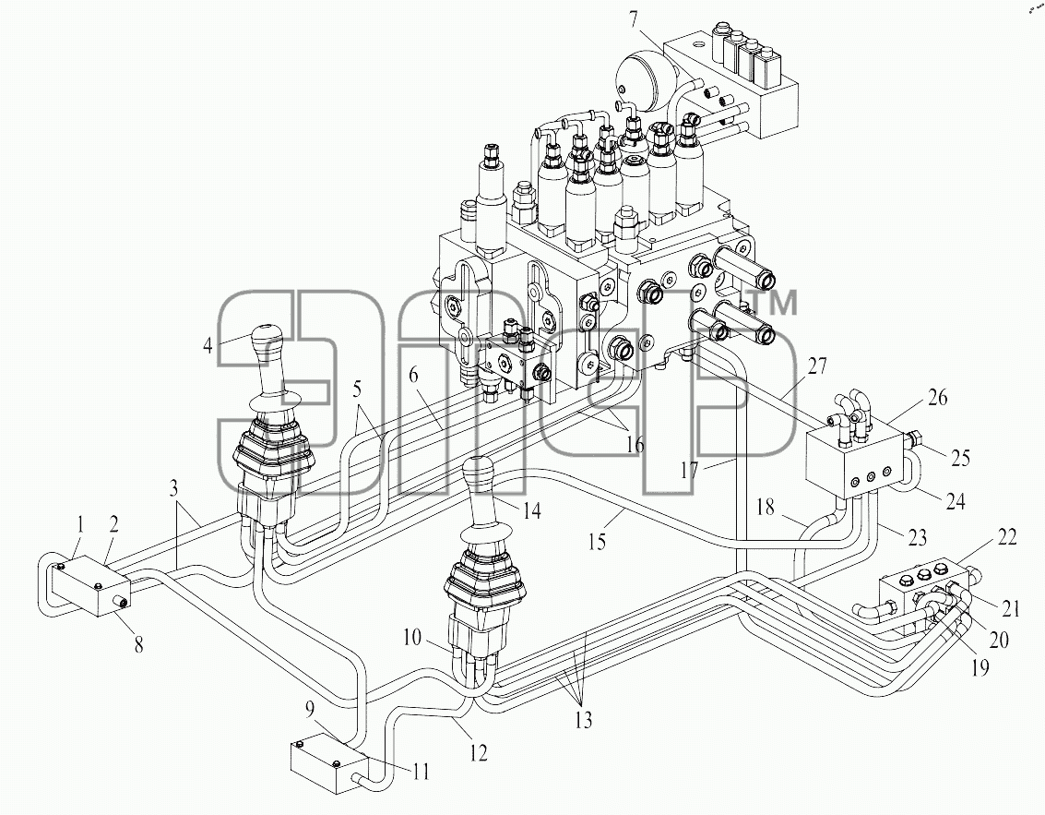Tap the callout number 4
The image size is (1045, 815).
(208, 345)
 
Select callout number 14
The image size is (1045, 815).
(531, 511)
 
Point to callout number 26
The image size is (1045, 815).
(937, 398)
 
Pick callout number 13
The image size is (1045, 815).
(583, 720)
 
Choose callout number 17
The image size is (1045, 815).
(689, 470)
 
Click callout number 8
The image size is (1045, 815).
(138, 645)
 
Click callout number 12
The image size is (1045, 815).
(478, 752)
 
